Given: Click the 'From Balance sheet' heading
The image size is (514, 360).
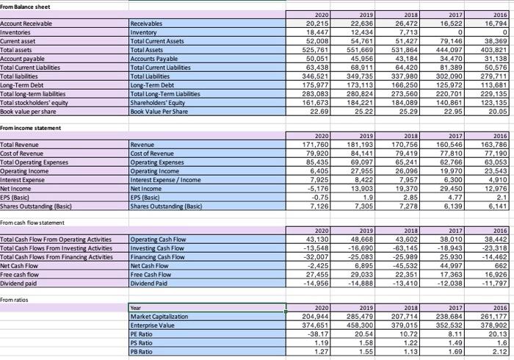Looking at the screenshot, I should coord(26,6).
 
